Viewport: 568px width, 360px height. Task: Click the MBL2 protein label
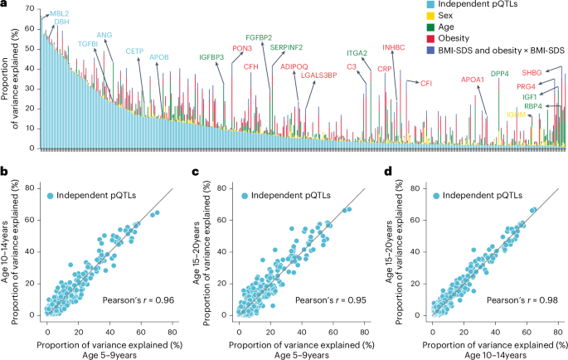pyautogui.click(x=60, y=14)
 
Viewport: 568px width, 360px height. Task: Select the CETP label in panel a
pyautogui.click(x=134, y=51)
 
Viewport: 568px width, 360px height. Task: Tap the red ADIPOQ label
pyautogui.click(x=294, y=65)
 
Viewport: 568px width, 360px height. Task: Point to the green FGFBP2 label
pyautogui.click(x=259, y=37)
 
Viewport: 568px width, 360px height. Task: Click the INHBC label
pyautogui.click(x=395, y=47)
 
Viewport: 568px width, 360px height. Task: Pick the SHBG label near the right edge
pyautogui.click(x=532, y=74)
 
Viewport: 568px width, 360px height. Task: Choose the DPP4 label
pyautogui.click(x=499, y=74)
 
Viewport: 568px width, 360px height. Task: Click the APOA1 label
pyautogui.click(x=473, y=80)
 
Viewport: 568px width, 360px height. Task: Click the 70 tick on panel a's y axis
pyautogui.click(x=32, y=8)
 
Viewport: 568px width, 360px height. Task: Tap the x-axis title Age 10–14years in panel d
pyautogui.click(x=479, y=353)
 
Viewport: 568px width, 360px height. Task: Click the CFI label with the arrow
pyautogui.click(x=426, y=84)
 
